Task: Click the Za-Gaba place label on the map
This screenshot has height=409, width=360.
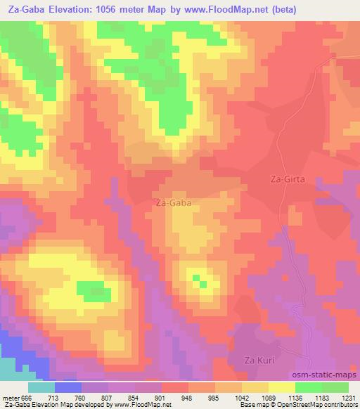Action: point(172,202)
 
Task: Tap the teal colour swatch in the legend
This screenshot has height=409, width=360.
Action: point(41,387)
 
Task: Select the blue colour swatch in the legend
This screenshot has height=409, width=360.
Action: point(67,387)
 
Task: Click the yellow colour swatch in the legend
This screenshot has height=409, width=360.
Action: point(282,387)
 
